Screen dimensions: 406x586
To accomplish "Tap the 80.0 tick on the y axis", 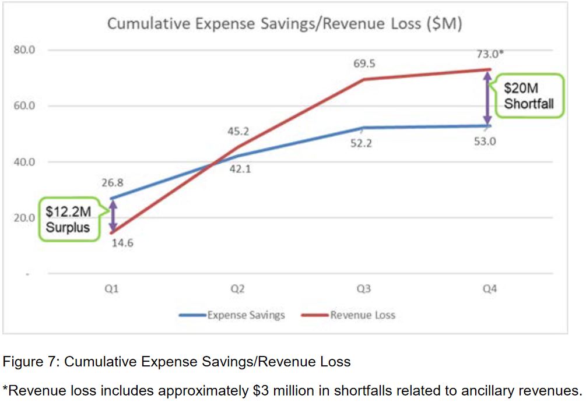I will [24, 50].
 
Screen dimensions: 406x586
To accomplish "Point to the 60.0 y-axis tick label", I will [24, 106].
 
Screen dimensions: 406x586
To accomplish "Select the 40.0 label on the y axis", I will [24, 162].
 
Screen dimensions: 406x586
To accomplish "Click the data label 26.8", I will [112, 183].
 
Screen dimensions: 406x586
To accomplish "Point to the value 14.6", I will [122, 243].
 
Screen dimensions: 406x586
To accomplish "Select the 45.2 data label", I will [238, 132].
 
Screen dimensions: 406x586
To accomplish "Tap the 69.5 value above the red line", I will [364, 62].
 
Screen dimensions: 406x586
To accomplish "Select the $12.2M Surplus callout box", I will [68, 219].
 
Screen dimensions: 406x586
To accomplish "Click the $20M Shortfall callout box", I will [528, 97].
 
